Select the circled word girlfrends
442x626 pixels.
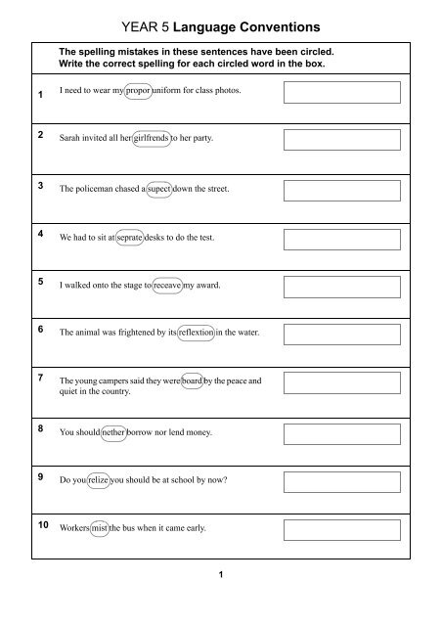point(151,140)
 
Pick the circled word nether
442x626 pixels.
point(109,432)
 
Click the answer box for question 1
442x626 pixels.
point(343,92)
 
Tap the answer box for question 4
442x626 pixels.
point(343,239)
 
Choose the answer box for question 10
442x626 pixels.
point(343,530)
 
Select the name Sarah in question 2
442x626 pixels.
point(71,140)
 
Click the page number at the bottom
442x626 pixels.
point(222,574)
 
